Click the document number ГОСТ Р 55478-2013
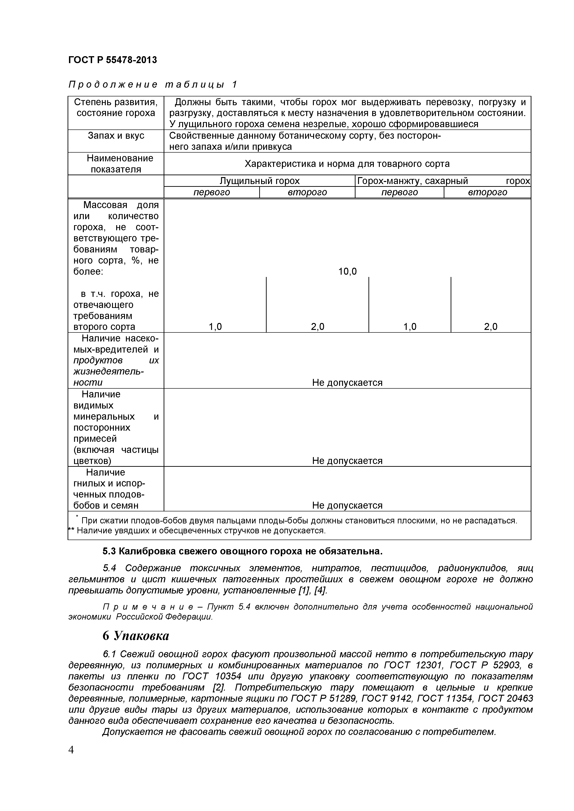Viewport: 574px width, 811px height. pos(112,60)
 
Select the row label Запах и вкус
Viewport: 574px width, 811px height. pos(116,136)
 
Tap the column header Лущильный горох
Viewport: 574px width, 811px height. pos(259,181)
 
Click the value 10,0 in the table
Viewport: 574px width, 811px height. pos(347,271)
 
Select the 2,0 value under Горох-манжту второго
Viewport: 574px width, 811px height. pos(490,327)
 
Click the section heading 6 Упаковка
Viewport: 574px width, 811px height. pos(136,636)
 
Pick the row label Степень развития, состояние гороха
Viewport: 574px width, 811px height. pos(116,107)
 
